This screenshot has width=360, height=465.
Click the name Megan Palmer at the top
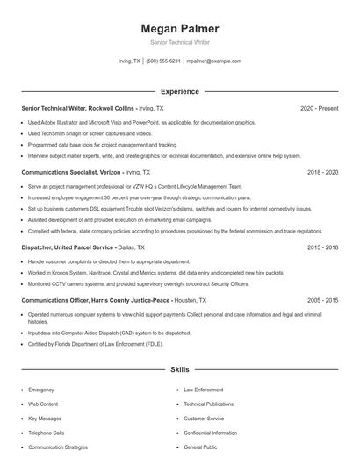pyautogui.click(x=179, y=28)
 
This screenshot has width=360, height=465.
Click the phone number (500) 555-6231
pyautogui.click(x=163, y=61)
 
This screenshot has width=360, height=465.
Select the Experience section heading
pyautogui.click(x=179, y=91)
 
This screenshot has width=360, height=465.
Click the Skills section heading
pyautogui.click(x=179, y=370)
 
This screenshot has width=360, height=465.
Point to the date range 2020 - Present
pyautogui.click(x=319, y=108)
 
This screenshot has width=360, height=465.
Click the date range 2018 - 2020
pyautogui.click(x=322, y=174)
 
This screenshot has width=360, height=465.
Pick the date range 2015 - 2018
pyautogui.click(x=322, y=248)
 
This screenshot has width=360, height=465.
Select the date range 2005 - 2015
pyautogui.click(x=322, y=300)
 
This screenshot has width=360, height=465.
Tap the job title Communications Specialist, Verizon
pyautogui.click(x=70, y=174)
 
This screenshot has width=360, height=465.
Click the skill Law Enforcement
pyautogui.click(x=203, y=390)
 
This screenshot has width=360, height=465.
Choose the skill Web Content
pyautogui.click(x=44, y=404)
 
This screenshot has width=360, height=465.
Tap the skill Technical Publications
pyautogui.click(x=208, y=404)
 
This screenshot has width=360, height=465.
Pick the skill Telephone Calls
pyautogui.click(x=47, y=433)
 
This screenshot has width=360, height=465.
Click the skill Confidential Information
pyautogui.click(x=210, y=433)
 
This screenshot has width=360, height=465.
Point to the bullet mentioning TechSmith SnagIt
pyautogui.click(x=90, y=133)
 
